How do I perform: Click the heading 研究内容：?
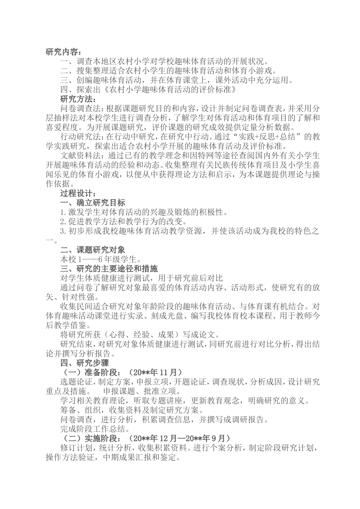coord(63,52)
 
